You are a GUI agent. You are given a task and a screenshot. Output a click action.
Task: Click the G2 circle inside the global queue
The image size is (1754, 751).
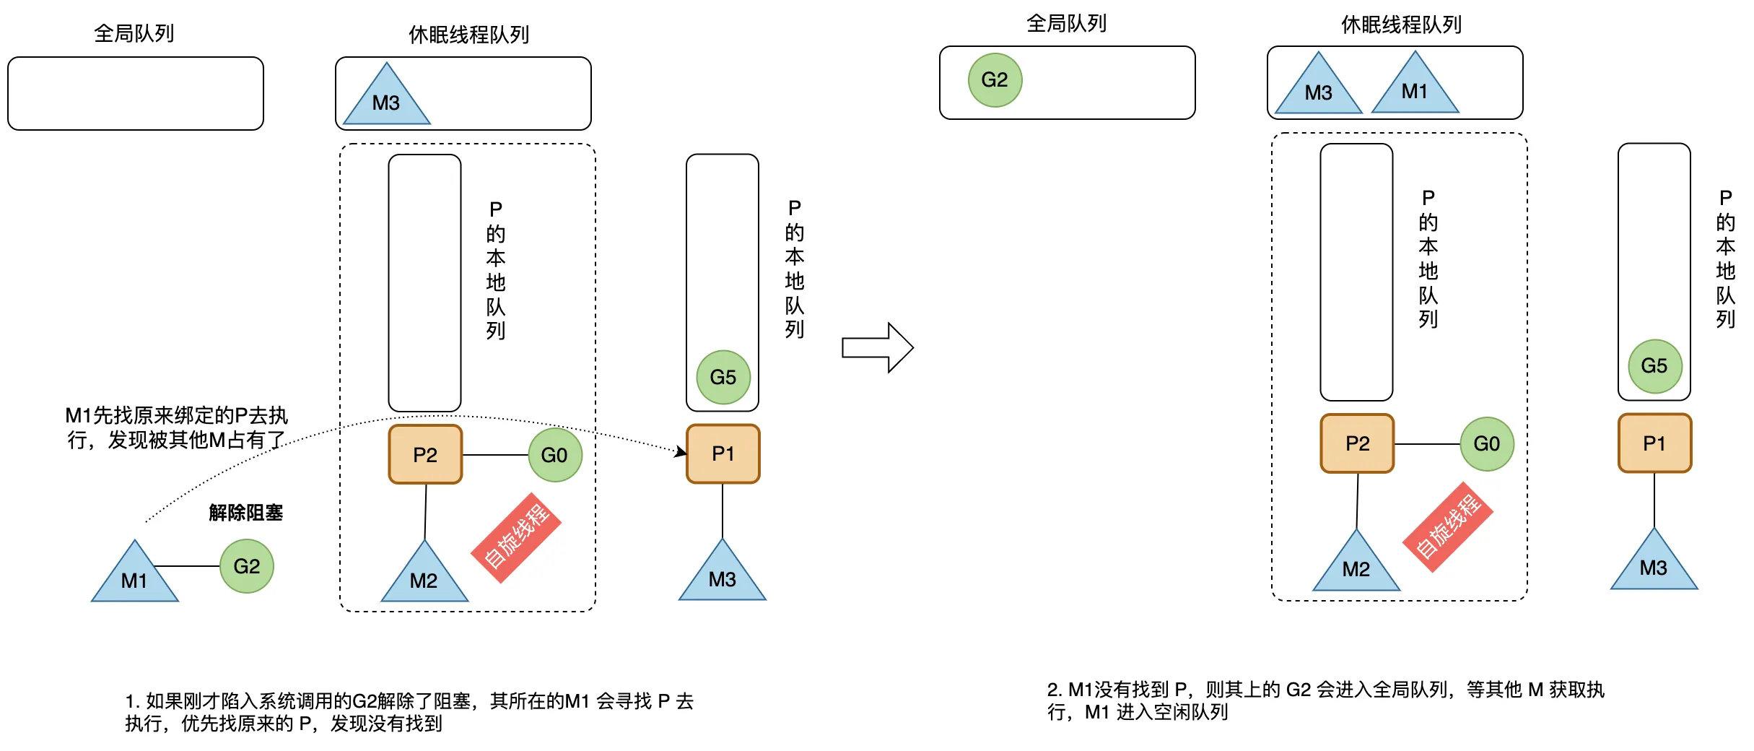point(995,80)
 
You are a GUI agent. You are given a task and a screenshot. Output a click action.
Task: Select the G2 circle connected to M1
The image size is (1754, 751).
point(246,566)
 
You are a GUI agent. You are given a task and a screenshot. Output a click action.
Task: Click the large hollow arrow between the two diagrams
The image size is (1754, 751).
point(877,348)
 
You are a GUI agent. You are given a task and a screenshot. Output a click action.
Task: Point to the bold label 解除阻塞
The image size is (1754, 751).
point(245,513)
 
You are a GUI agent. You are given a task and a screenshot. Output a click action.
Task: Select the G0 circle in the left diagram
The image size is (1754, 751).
point(554,455)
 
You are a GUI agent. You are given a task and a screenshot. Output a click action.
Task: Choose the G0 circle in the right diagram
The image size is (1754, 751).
point(1486,443)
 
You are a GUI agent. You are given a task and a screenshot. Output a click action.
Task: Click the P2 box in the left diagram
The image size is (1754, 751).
point(425,454)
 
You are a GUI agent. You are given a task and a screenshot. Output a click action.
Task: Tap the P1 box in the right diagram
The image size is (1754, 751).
point(1654,443)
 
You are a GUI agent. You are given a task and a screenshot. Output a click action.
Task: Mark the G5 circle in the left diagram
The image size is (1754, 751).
point(723,377)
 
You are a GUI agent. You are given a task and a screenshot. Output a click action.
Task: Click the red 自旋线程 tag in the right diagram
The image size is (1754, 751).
point(1447,527)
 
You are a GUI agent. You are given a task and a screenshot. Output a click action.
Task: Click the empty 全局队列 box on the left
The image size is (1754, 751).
point(135,94)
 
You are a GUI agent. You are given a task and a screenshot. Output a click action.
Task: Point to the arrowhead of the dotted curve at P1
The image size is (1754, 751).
point(681,452)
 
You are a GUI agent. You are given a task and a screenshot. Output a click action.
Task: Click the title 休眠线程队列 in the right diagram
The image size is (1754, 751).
point(1400,25)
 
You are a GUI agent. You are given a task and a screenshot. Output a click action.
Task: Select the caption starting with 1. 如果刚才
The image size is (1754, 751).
point(409,712)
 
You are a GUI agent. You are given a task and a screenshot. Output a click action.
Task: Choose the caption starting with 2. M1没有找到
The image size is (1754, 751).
point(1325,700)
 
